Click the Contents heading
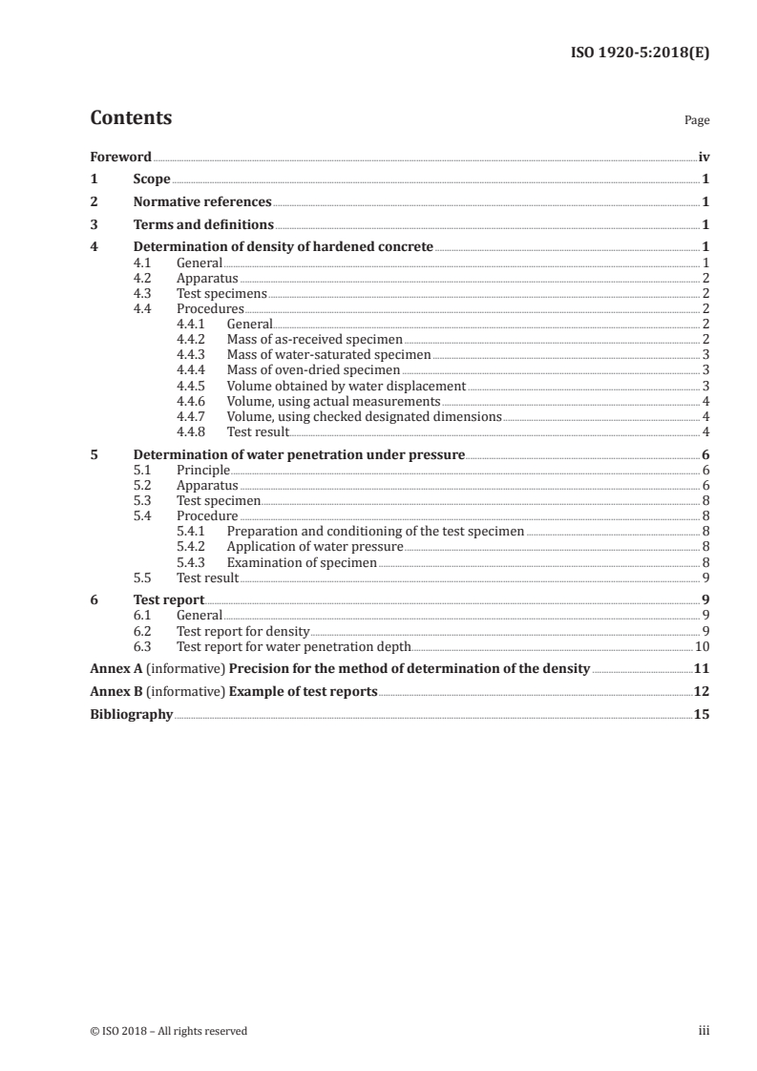[x=131, y=118]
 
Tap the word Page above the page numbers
[x=697, y=121]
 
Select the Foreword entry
[x=120, y=157]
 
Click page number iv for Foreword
[x=704, y=157]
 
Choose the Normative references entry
[x=202, y=202]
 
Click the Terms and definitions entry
[x=203, y=225]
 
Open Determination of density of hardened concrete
[x=283, y=247]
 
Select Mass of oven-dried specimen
[x=313, y=370]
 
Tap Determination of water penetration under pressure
[x=299, y=455]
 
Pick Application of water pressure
[x=314, y=547]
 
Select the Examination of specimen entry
[x=301, y=563]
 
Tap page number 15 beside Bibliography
[x=702, y=714]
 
